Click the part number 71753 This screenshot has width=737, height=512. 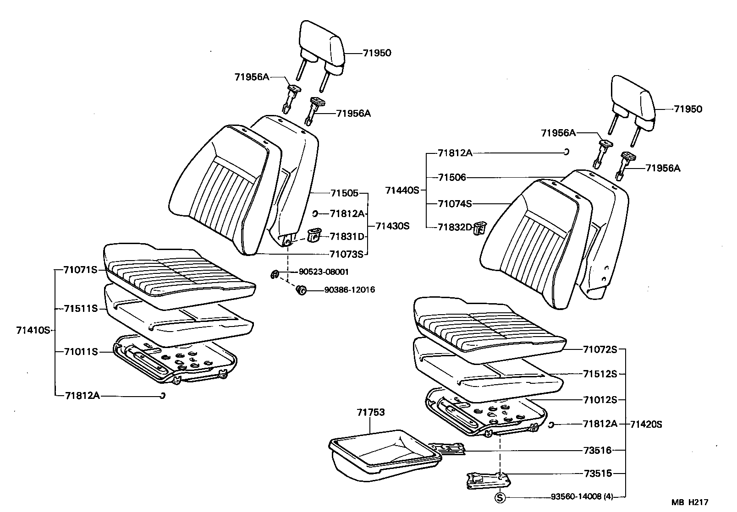371,413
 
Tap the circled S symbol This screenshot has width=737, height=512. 500,497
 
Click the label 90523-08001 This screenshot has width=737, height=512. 324,272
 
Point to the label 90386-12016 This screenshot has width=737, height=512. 349,290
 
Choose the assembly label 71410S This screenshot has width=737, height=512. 33,330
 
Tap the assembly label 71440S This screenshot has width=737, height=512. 402,190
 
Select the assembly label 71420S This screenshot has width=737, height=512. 646,425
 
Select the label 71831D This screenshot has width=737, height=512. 346,237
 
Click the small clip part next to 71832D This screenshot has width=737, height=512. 479,228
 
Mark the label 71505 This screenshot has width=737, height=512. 343,193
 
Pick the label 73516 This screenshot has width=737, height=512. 597,450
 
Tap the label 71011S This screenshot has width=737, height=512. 81,352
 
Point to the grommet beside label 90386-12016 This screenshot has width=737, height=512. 302,290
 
